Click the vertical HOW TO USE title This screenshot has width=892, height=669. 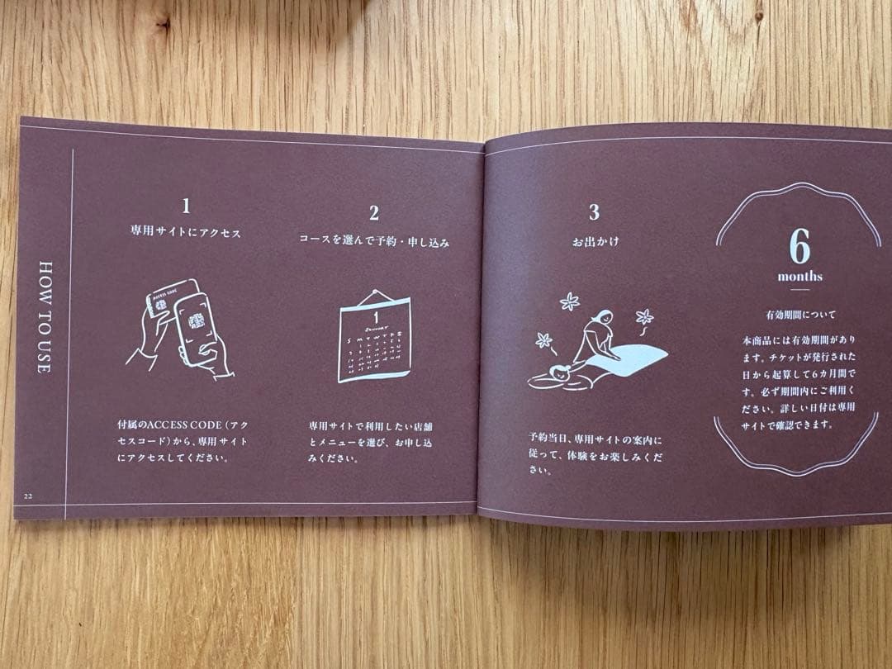tap(45, 317)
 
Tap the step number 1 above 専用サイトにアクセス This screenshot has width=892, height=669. tap(187, 205)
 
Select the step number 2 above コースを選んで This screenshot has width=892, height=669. tap(374, 213)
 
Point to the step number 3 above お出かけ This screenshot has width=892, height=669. tap(594, 212)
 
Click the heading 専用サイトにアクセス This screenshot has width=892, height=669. tap(186, 233)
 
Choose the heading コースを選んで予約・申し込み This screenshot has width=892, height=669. tap(374, 241)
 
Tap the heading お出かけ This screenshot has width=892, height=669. tap(595, 241)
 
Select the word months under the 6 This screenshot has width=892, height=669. tap(799, 277)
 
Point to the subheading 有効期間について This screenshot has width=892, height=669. tap(799, 315)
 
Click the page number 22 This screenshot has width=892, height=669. tap(28, 495)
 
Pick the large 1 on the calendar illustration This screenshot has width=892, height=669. tap(375, 316)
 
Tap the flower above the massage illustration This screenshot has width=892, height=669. tap(570, 301)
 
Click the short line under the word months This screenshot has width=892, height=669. tap(799, 290)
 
